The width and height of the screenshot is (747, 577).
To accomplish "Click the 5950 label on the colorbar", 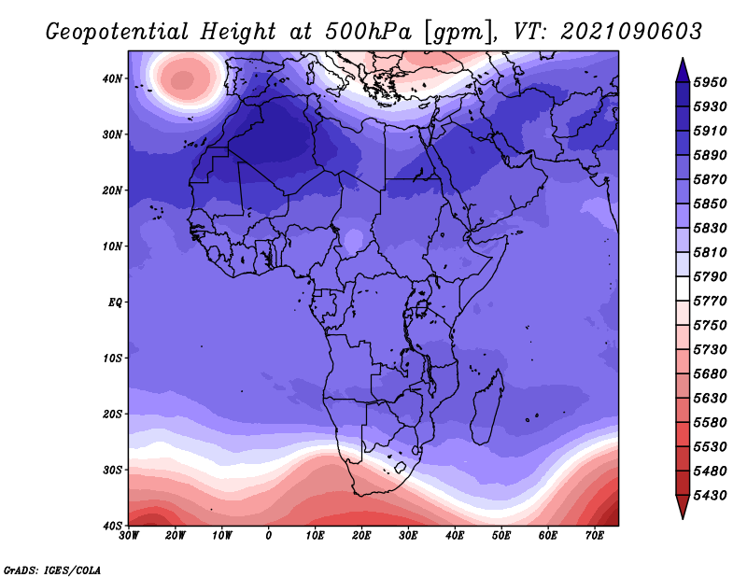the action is point(710,82).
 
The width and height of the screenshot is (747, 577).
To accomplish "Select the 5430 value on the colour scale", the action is point(710,496).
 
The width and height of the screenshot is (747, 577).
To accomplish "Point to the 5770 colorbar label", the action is point(710,302).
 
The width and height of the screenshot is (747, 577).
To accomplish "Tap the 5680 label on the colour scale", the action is point(710,374).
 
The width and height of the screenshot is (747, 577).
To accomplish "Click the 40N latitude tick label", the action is point(112,78).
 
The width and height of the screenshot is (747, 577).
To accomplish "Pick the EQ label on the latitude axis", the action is point(115,303).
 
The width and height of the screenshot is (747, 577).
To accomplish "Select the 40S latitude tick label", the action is point(112,526).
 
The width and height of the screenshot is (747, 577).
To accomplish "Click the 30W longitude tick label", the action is point(129,536).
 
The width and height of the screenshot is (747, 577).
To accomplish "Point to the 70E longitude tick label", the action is point(595,536).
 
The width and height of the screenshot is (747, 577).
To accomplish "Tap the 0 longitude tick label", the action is point(269,536).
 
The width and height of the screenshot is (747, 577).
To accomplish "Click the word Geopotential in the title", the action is point(118,33).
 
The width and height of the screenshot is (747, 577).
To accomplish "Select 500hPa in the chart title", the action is point(368,32).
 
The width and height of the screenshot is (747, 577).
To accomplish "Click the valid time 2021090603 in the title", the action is point(631,32).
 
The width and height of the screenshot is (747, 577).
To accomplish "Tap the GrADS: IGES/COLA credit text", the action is point(52,570).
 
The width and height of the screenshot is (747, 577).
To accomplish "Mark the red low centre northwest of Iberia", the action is point(182,79).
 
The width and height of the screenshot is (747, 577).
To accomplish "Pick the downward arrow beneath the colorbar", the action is point(683,507).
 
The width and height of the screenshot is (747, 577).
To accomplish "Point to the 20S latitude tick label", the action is point(112,414).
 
